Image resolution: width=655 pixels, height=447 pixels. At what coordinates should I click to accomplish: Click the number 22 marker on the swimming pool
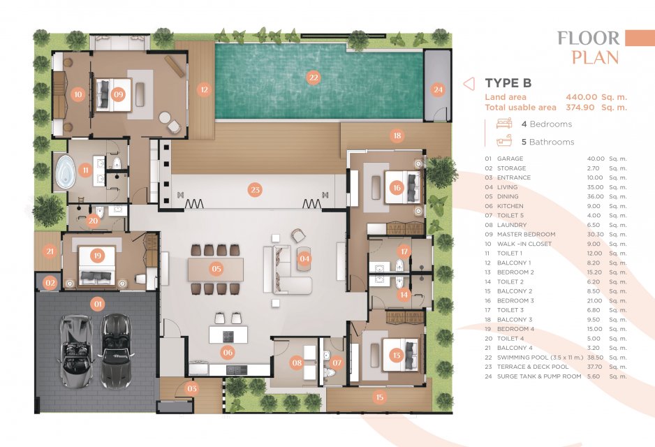pos(314,78)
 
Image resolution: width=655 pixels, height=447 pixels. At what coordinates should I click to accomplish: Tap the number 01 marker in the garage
pos(98,304)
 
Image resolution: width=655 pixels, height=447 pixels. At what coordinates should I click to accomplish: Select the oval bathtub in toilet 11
pos(66,171)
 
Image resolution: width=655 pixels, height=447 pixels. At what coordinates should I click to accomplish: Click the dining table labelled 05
pos(216,270)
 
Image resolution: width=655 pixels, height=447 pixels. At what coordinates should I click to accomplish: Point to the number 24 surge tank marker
pos(438,89)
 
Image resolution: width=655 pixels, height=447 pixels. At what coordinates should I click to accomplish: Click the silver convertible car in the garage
pos(76,351)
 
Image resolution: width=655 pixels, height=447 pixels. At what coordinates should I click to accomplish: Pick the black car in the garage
pos(116,350)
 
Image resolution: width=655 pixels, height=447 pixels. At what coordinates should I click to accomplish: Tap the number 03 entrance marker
pos(192,388)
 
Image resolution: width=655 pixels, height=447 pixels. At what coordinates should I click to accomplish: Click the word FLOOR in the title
pos(588,38)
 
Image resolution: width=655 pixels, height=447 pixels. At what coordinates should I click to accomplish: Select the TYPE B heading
pos(508,83)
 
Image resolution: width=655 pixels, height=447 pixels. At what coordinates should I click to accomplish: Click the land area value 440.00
pos(582,97)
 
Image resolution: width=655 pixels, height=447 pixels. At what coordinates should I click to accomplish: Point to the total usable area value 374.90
pos(580,108)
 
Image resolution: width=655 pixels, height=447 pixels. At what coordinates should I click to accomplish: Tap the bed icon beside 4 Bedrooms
pos(504,123)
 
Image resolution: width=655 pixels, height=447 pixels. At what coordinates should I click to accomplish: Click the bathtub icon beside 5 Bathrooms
pos(504,141)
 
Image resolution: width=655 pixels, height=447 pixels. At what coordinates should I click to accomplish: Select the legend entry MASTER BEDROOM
pos(526,235)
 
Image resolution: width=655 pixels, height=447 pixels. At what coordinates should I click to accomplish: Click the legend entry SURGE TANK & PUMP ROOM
pos(539,376)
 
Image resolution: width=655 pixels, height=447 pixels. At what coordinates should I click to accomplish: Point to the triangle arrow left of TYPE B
pos(469,84)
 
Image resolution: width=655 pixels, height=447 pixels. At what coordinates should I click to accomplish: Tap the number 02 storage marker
pos(50,283)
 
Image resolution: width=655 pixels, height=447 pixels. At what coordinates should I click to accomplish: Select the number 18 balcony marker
pos(397,135)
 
